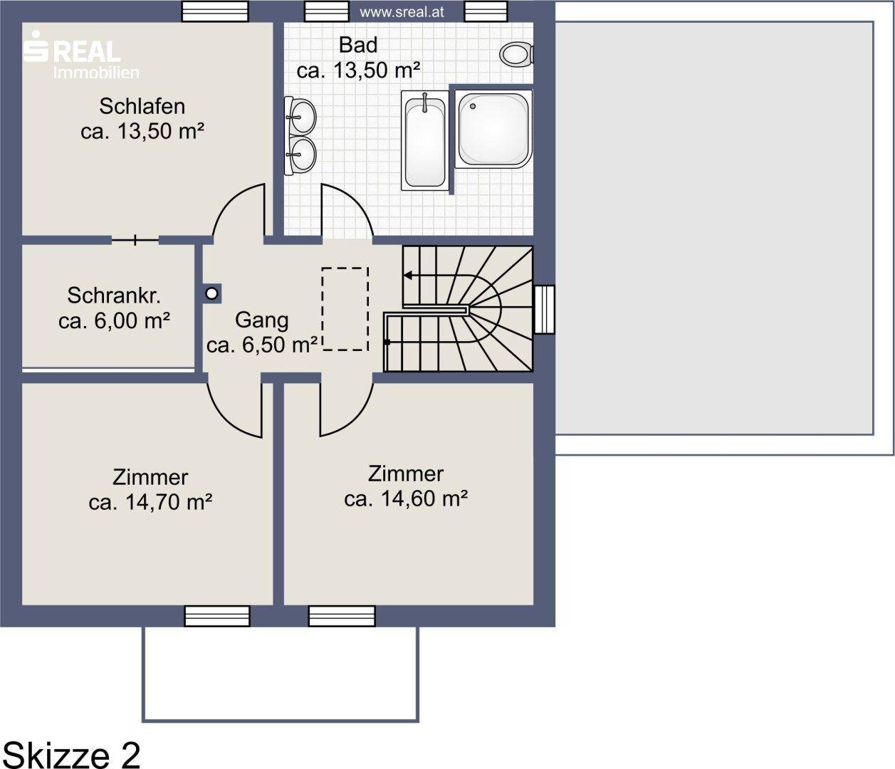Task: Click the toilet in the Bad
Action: click(x=516, y=54)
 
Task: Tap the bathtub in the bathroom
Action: click(x=425, y=140)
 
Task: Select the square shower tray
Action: click(x=493, y=129)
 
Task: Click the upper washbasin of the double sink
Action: click(x=301, y=115)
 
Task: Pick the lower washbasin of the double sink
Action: click(x=301, y=154)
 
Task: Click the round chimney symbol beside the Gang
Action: click(x=211, y=293)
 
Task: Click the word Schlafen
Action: click(x=142, y=106)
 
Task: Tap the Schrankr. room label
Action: click(x=114, y=295)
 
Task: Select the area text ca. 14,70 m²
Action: click(x=150, y=502)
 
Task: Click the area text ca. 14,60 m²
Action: click(x=406, y=498)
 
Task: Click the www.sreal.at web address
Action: click(x=402, y=12)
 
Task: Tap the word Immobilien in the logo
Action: click(x=96, y=73)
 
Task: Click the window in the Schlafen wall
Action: click(x=215, y=11)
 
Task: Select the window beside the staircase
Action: click(x=544, y=309)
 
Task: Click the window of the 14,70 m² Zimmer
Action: click(x=217, y=616)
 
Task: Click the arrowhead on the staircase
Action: click(x=407, y=276)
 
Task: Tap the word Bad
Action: click(x=358, y=45)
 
